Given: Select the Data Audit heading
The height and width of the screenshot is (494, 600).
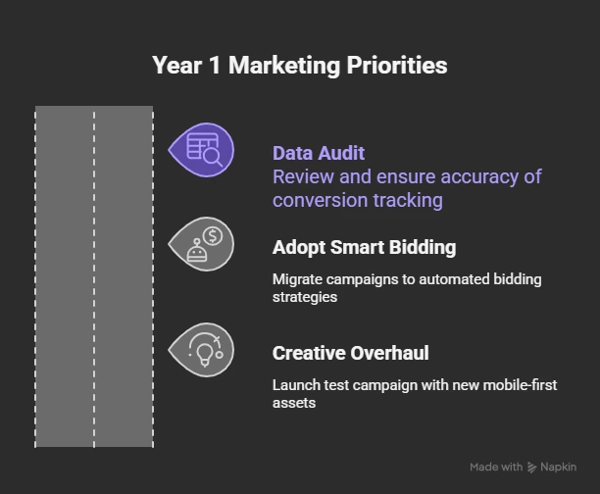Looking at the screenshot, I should pyautogui.click(x=318, y=153).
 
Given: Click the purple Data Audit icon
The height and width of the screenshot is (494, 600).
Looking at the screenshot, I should pyautogui.click(x=203, y=150).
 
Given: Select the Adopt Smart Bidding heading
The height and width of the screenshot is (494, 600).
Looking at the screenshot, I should pyautogui.click(x=364, y=247).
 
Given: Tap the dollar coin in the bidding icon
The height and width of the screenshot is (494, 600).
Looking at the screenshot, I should pyautogui.click(x=214, y=235).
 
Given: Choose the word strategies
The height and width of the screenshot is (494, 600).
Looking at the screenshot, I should pyautogui.click(x=305, y=296).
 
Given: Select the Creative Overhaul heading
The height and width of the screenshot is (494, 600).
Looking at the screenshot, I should pyautogui.click(x=350, y=353).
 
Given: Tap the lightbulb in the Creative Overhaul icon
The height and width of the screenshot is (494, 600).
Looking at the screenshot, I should pyautogui.click(x=204, y=351).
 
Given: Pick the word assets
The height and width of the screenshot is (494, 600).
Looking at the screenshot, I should pyautogui.click(x=294, y=402).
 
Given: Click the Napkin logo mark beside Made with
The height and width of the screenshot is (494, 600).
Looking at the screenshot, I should pyautogui.click(x=532, y=468).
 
